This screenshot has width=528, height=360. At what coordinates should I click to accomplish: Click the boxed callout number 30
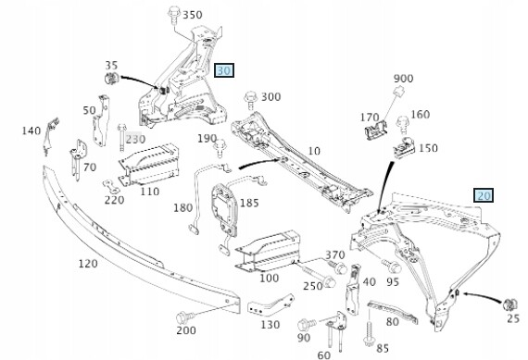(x=224, y=70)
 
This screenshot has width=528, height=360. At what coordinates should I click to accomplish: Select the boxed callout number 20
(x=484, y=195)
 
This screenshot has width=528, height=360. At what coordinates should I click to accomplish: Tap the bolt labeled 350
(x=174, y=15)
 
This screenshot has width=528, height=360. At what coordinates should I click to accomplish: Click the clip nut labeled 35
(x=111, y=79)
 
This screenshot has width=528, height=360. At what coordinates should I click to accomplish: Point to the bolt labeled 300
(x=251, y=100)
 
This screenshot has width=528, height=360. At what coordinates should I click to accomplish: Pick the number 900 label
(x=403, y=79)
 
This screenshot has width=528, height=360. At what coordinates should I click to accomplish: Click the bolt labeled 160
(x=402, y=125)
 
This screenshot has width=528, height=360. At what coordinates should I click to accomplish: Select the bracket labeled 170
(x=375, y=130)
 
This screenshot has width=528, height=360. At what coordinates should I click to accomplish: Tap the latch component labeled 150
(x=404, y=148)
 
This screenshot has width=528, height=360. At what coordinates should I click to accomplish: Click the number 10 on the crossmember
(x=314, y=151)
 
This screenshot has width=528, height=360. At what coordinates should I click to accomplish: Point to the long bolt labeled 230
(x=122, y=138)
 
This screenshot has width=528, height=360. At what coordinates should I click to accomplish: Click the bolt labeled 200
(x=185, y=317)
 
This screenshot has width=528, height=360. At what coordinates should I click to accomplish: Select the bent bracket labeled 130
(x=270, y=305)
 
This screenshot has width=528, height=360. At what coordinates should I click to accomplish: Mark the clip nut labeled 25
(x=509, y=305)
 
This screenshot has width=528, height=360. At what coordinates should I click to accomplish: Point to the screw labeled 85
(x=370, y=334)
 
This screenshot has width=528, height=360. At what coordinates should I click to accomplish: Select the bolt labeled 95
(x=392, y=267)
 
